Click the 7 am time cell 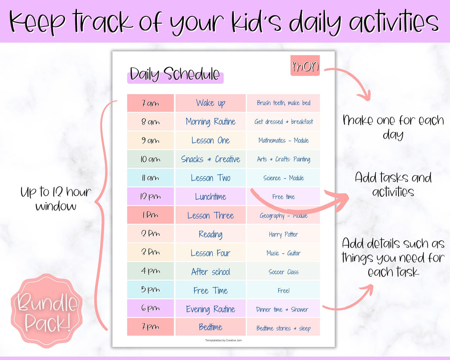point(150,103)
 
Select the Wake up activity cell point(210,103)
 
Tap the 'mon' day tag point(305,66)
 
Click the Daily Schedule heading point(175,75)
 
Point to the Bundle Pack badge point(47,311)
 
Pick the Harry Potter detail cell point(283,234)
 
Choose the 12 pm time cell point(150,196)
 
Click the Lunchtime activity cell point(210,196)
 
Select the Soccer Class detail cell point(283,272)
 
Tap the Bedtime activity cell point(210,327)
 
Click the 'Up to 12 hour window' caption point(56,199)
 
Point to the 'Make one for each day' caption point(393,127)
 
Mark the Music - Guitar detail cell point(283,253)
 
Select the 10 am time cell point(150,159)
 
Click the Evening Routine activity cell point(210,309)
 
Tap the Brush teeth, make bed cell point(283,103)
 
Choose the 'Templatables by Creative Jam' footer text point(223,341)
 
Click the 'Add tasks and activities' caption point(393,185)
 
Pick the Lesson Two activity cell point(210,178)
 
